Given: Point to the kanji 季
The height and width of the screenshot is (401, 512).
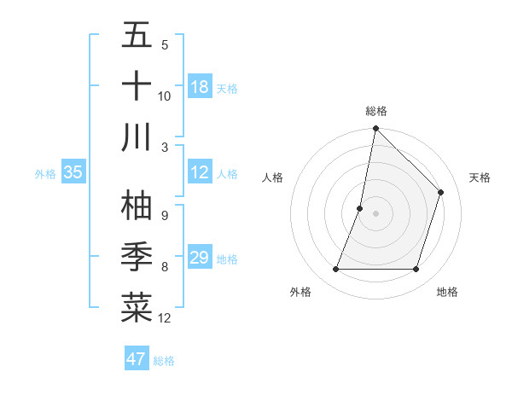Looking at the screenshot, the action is [137, 257].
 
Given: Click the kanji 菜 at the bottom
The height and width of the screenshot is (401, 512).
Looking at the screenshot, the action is [137, 308].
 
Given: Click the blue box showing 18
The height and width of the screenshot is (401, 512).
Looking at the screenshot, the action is [199, 87].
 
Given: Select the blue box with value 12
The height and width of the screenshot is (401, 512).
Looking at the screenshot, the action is [199, 172].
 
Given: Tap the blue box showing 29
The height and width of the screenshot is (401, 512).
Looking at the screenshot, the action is [199, 258].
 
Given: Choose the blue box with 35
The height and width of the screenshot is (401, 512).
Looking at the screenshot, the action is [73, 172].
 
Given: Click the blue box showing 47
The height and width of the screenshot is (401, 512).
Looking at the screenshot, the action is [136, 359].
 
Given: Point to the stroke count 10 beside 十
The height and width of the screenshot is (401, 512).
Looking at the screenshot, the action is [165, 96].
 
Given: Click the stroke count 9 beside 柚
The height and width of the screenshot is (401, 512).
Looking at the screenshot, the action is [164, 215].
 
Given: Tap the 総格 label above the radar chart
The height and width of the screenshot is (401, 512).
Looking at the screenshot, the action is [376, 111].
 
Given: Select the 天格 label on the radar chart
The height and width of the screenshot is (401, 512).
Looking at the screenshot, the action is [480, 177].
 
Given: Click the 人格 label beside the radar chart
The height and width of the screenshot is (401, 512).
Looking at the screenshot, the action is [273, 177].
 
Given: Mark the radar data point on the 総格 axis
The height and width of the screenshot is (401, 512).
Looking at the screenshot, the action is [375, 129].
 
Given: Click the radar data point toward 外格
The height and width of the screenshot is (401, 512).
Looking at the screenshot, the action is [335, 270].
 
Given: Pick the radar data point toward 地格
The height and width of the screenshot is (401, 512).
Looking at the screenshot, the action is [416, 270].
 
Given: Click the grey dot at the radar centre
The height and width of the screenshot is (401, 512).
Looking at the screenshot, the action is [375, 213].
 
